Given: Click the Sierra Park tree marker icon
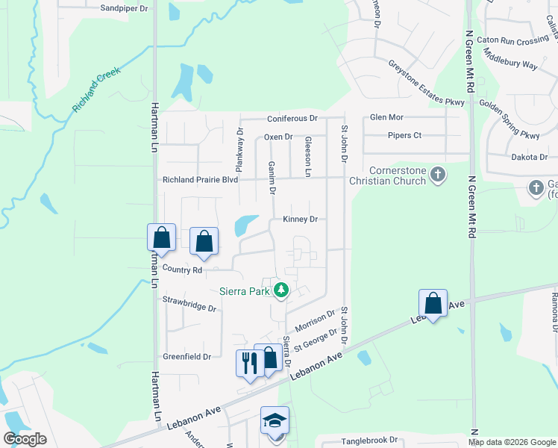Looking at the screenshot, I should tap(281, 290).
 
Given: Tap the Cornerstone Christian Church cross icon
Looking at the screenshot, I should tap(438, 175).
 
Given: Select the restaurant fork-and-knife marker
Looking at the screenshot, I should tap(249, 363).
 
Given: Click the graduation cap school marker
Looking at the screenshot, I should tap(274, 420).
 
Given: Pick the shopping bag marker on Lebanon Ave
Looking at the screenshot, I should tap(433, 302).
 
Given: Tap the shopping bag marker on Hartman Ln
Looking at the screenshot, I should tap(161, 237).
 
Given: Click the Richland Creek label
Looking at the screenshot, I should tap(96, 92).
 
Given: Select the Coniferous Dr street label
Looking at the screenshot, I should tap(293, 119).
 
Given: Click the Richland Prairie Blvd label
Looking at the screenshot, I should tap(201, 180).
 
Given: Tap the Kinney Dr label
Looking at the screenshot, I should tap(301, 220).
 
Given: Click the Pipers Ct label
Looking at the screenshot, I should tap(404, 135).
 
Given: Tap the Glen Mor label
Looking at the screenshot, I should tap(386, 117).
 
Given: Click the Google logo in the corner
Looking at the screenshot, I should tap(25, 439).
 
